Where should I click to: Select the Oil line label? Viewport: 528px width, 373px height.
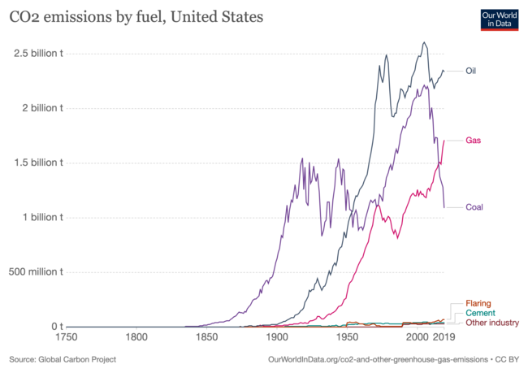click(470, 71)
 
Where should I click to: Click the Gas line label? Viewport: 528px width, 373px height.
click(473, 141)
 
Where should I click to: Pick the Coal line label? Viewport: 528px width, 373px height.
click(474, 206)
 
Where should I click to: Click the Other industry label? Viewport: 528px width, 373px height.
click(492, 323)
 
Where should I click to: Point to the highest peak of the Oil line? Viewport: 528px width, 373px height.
click(424, 42)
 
